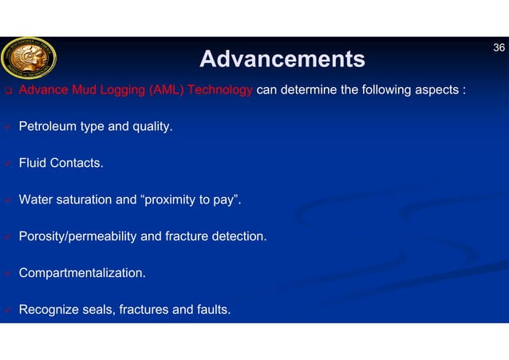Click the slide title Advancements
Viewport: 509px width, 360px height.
[282, 59]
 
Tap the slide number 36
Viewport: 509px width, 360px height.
[499, 48]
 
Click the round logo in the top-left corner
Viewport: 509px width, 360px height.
[29, 58]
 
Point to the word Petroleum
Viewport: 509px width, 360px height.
[47, 126]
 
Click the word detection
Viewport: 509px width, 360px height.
[240, 236]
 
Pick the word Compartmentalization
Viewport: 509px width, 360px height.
[82, 273]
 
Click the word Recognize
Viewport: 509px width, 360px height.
[48, 310]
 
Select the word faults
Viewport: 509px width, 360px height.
[211, 310]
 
